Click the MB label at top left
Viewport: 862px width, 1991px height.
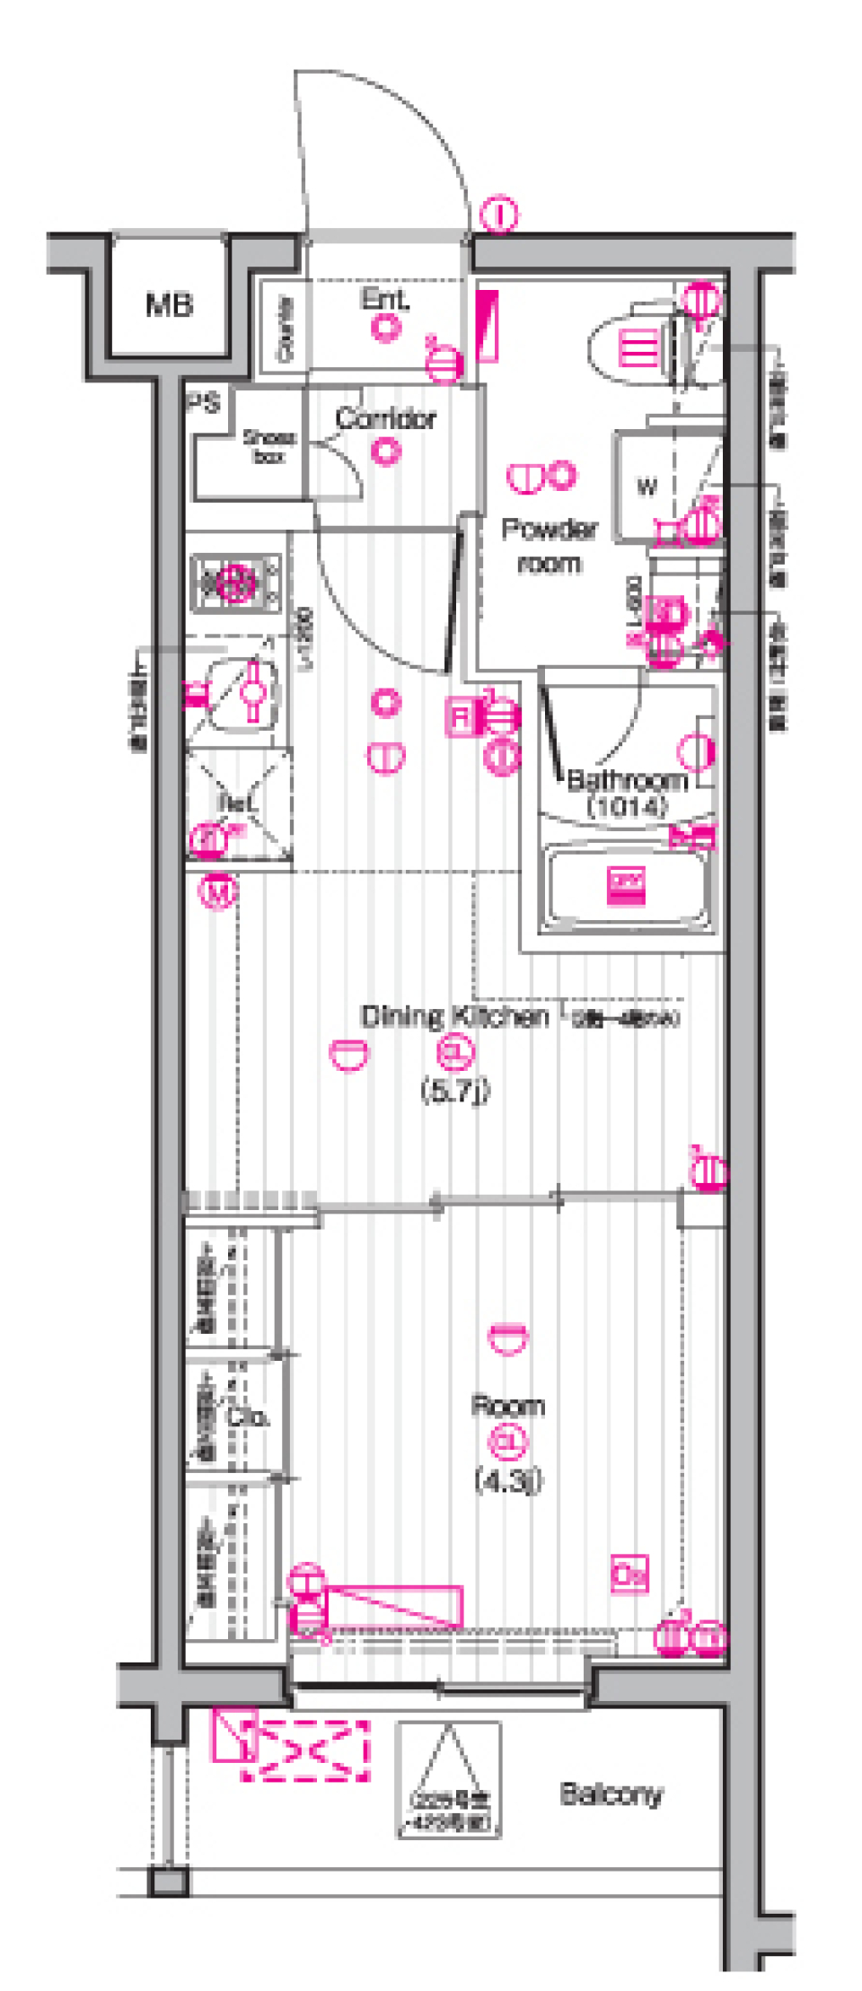click(169, 305)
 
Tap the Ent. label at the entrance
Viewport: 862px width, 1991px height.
click(384, 299)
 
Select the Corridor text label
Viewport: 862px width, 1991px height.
click(385, 418)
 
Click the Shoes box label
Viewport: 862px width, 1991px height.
click(268, 446)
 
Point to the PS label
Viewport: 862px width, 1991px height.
click(204, 403)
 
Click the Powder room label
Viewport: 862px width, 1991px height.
click(549, 546)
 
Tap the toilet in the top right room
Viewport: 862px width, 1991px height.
click(646, 347)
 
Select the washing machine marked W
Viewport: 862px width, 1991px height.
click(647, 487)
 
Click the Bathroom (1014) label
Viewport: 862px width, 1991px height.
click(628, 792)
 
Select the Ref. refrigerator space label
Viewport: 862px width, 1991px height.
click(236, 802)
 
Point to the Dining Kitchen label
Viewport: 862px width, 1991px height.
click(454, 1016)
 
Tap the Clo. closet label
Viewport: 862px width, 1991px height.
click(247, 1417)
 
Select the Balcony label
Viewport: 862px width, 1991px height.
click(611, 1794)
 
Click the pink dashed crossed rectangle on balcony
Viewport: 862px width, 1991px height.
click(305, 1750)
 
